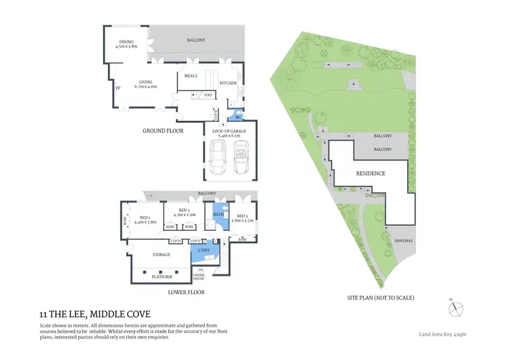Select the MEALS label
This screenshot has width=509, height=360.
click(x=191, y=76)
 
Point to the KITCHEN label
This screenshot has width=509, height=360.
click(x=228, y=83)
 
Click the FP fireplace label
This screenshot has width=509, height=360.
click(x=117, y=89)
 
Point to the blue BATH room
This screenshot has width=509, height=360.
click(x=219, y=215)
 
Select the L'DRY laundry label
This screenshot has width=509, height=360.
click(x=204, y=251)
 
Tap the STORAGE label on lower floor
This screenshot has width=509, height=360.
click(x=161, y=255)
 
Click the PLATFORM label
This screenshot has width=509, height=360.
click(x=162, y=276)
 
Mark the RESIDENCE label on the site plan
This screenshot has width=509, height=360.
click(x=371, y=173)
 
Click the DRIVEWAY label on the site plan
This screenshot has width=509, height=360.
click(x=403, y=240)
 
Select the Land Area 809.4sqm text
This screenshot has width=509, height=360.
click(x=442, y=334)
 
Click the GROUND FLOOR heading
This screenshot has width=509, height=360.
click(x=163, y=130)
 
